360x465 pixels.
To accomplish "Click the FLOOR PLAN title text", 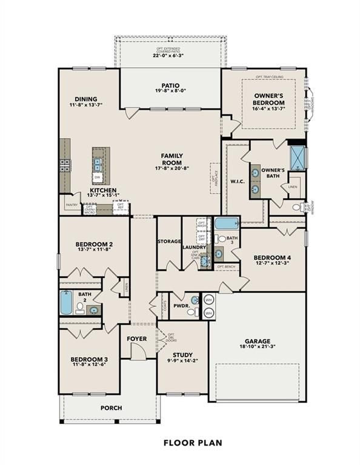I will pos(193,443).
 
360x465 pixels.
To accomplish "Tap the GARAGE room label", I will pos(258,341).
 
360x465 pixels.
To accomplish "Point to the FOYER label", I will pos(137,338).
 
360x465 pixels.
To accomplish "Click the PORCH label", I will pos(111,407).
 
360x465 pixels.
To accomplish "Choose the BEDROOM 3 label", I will pos(88,359).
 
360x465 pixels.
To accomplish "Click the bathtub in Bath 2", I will pos(65,303).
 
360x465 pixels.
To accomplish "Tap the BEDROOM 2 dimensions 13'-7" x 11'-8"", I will pos(93,250).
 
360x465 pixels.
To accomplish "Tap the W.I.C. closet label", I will pos(237,180).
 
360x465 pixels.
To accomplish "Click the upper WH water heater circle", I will pos(208,300).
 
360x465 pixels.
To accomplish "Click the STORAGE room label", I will pos(169,241).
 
